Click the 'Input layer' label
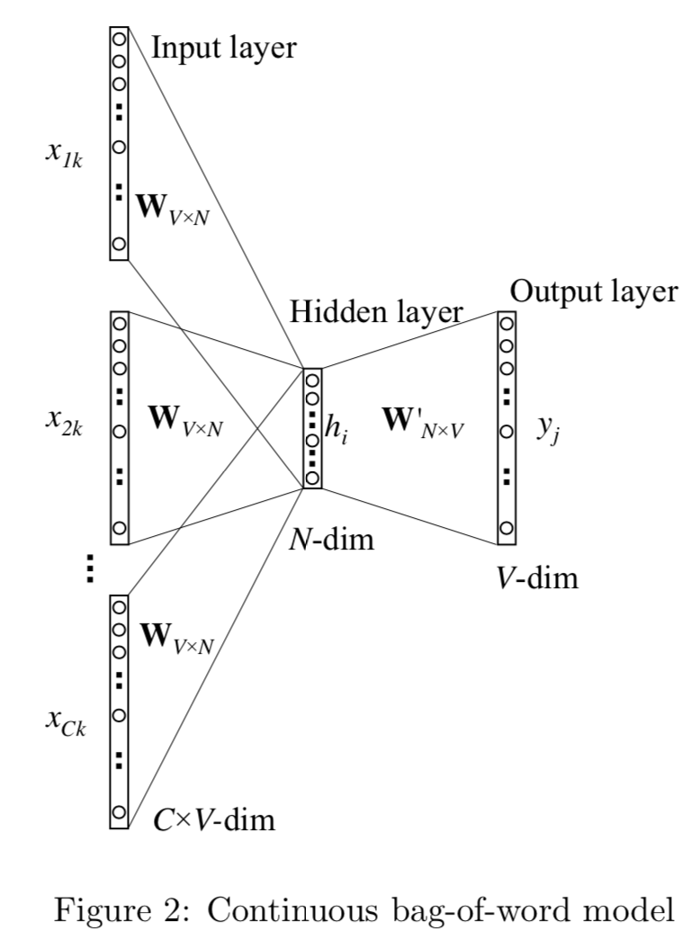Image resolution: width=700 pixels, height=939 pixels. click(x=223, y=48)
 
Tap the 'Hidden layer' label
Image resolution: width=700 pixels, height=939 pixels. click(x=376, y=312)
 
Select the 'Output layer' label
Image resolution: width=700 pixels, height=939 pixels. click(x=594, y=291)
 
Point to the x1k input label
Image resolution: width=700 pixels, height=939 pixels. click(x=64, y=154)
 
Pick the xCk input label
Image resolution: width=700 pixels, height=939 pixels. click(x=66, y=721)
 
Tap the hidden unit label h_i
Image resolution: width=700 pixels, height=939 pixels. click(x=337, y=429)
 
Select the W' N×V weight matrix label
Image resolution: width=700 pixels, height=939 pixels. click(x=423, y=421)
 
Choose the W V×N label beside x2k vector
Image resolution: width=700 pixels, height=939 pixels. click(x=185, y=420)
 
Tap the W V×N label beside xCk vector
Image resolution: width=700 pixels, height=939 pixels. click(x=176, y=639)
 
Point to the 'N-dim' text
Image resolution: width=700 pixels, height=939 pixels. click(x=331, y=540)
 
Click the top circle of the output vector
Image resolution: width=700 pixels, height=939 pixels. click(x=507, y=324)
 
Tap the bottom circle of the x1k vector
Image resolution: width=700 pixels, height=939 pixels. click(x=120, y=244)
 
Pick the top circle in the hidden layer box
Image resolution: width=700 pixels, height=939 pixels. click(x=313, y=380)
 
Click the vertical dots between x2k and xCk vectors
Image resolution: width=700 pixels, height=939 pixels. click(x=90, y=568)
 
